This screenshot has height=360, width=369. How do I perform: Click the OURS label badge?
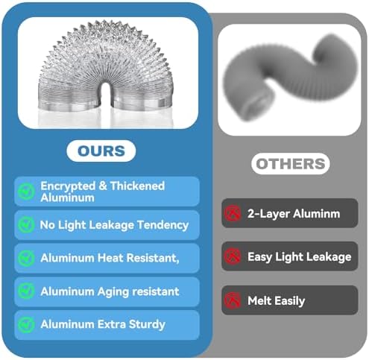point(101,151)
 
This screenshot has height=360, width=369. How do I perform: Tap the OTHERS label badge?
point(291,164)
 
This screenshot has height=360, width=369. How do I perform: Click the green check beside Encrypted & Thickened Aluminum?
point(26,192)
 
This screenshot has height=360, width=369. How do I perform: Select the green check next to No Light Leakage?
point(26,224)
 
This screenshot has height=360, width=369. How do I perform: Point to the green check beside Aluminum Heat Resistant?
point(26,258)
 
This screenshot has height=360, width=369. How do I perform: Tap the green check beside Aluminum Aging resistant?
point(26,291)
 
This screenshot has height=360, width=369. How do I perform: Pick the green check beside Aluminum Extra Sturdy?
point(26,324)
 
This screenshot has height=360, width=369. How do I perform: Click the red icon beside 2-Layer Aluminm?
point(233,213)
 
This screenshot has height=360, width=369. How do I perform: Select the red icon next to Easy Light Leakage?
point(233,256)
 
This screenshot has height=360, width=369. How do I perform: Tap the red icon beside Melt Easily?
point(233,300)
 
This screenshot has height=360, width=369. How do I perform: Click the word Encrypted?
point(68,186)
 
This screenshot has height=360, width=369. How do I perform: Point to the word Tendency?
point(163,225)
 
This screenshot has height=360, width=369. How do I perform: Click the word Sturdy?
point(147,325)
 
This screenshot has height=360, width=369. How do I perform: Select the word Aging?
point(113,292)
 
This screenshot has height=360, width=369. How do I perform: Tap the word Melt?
point(259,300)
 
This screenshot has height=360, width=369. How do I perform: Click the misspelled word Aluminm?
point(317,214)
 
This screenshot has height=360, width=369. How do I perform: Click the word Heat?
point(110,258)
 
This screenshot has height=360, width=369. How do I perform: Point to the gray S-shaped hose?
point(290,77)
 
